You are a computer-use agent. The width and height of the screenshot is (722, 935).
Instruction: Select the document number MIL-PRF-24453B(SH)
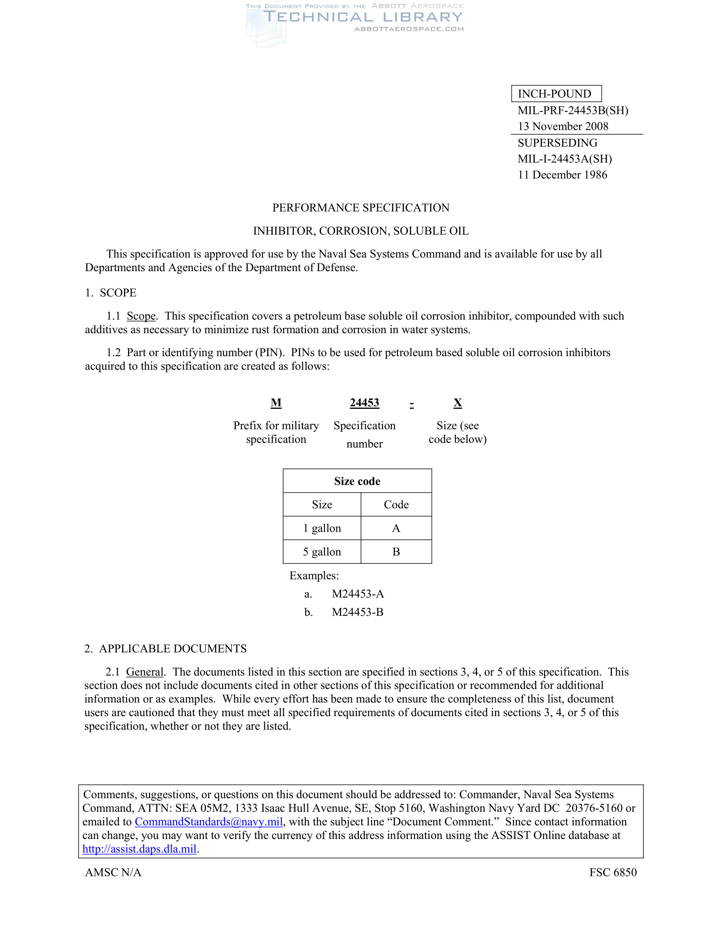click(573, 110)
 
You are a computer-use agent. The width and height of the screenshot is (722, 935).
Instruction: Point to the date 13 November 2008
click(563, 126)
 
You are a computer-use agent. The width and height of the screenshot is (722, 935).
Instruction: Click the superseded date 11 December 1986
click(562, 175)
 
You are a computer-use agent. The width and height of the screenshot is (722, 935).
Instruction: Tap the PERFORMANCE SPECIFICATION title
click(361, 208)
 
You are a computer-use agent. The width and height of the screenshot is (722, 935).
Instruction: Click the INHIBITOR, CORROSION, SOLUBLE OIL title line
click(361, 231)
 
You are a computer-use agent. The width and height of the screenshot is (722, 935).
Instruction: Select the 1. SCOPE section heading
click(111, 293)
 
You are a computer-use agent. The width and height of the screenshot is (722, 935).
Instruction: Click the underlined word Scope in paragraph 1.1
click(141, 316)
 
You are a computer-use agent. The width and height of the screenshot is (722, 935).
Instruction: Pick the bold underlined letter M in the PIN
click(276, 403)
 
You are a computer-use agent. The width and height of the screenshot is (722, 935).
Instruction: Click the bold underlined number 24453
click(364, 403)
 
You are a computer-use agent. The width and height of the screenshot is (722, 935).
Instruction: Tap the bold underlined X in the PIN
click(458, 403)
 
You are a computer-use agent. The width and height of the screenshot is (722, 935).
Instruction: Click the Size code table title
click(357, 481)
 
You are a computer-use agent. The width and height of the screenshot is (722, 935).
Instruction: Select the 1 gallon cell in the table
click(322, 528)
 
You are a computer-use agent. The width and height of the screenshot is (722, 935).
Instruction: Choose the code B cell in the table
click(396, 552)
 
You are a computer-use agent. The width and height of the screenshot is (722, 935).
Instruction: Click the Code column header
click(396, 505)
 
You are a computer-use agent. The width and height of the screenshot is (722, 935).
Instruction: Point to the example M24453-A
click(358, 594)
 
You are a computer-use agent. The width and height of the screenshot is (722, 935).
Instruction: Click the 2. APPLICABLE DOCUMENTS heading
click(166, 649)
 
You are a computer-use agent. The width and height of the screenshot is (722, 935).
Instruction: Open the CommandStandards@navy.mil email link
click(209, 822)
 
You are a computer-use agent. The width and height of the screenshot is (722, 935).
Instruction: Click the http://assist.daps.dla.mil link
click(139, 849)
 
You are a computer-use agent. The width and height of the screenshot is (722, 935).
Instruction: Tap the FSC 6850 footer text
click(612, 872)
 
